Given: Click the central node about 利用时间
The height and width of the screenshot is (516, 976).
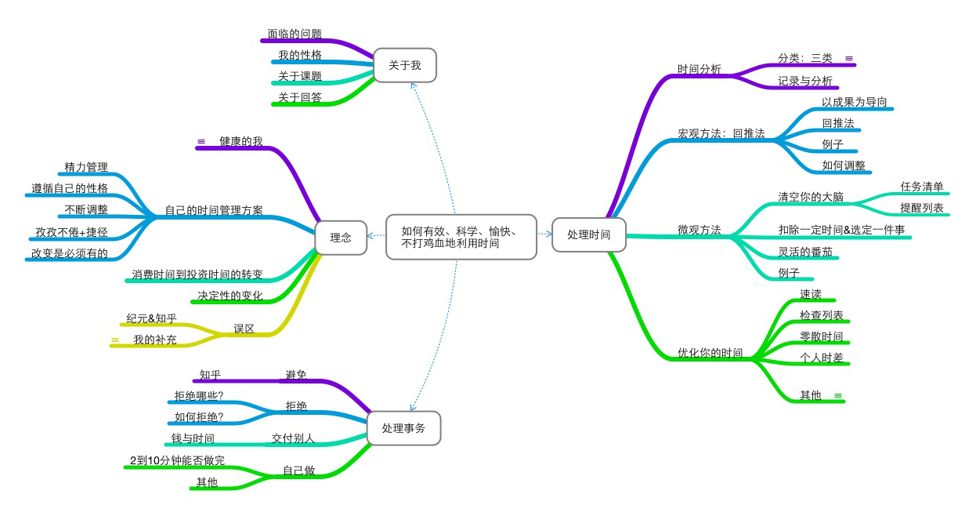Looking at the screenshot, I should tap(461, 237).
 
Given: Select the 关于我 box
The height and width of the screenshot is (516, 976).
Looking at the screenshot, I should tap(404, 65).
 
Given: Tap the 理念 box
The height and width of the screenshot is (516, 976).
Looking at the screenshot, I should tap(341, 238).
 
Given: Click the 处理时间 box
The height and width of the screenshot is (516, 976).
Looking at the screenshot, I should tap(588, 234).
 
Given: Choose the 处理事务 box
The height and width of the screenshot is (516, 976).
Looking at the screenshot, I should tap(403, 428).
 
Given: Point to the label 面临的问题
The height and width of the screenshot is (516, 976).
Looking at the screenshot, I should tap(294, 35).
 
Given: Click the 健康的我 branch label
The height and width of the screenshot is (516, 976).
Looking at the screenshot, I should tap(240, 142).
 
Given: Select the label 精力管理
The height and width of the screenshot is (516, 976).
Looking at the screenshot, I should tap(86, 167).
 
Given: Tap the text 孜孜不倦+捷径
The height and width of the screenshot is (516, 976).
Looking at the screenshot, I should tap(72, 232).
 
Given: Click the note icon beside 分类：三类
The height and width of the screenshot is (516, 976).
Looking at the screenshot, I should tap(849, 58).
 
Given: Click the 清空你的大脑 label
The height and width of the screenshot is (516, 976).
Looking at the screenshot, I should tap(811, 197).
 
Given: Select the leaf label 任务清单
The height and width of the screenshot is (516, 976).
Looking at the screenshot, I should tap(922, 187).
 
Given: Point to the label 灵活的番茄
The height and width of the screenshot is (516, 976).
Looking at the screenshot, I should tap(800, 252).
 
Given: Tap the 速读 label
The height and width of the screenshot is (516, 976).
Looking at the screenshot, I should tap(811, 294).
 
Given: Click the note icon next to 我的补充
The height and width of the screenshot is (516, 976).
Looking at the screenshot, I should tap(115, 340).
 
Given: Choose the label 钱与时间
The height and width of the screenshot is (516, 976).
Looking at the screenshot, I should tap(193, 438).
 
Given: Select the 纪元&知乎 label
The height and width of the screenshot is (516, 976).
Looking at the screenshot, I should tap(152, 318).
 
